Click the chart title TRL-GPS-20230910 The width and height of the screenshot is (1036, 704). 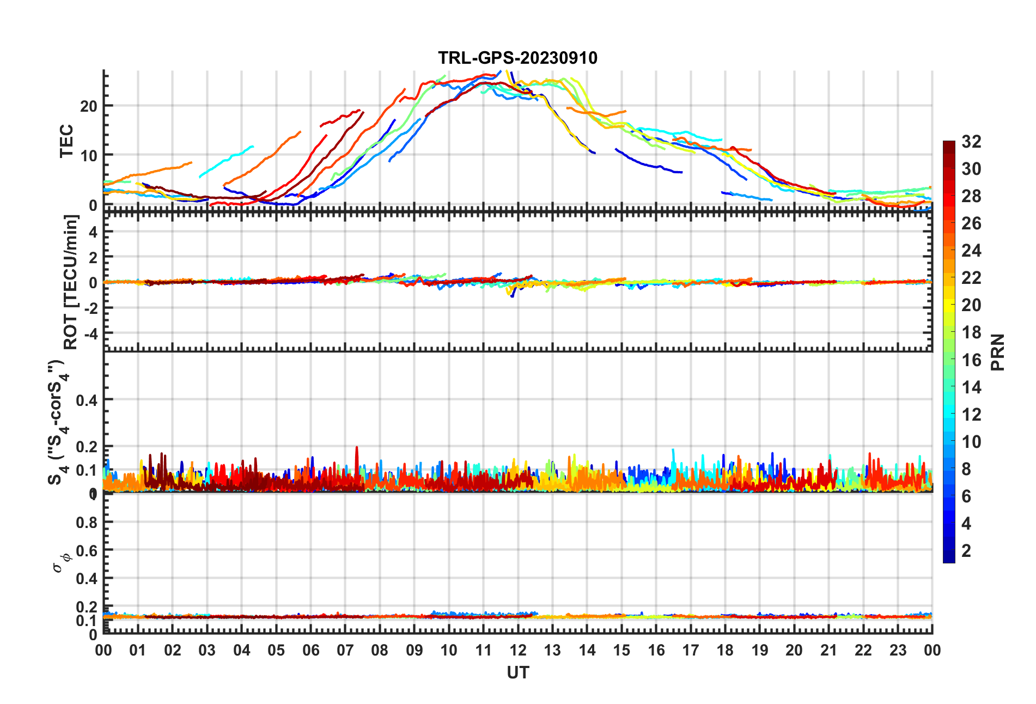click(x=517, y=58)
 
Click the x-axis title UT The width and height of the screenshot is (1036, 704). click(x=517, y=673)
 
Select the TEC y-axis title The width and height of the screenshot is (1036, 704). click(x=66, y=141)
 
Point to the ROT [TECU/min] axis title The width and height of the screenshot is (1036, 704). click(x=71, y=282)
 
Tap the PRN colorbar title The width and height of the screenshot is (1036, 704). click(x=998, y=352)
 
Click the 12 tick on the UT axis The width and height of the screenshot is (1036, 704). click(x=518, y=651)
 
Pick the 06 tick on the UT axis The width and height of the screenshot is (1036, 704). click(x=310, y=651)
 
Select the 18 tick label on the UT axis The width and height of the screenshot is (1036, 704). click(x=725, y=651)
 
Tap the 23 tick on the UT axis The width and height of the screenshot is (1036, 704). click(x=898, y=651)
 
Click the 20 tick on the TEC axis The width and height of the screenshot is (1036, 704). click(x=89, y=106)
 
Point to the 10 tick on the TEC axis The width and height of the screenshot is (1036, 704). click(x=89, y=155)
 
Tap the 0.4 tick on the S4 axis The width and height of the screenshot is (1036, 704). click(x=87, y=400)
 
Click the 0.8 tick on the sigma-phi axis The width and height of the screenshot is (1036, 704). click(x=87, y=522)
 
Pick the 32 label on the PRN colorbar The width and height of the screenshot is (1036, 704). click(x=971, y=142)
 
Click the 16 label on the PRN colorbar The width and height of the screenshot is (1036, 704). click(x=971, y=360)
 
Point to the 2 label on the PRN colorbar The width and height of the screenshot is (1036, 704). click(x=966, y=550)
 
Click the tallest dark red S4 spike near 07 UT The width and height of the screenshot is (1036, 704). click(x=357, y=448)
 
